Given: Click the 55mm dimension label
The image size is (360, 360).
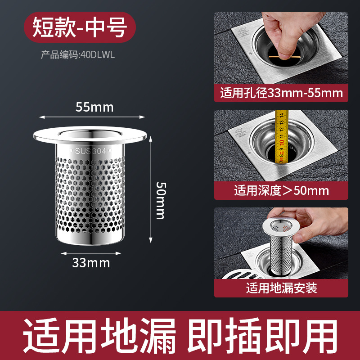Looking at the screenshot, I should click(x=94, y=107).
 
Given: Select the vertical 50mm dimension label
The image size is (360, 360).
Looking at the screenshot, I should click(x=160, y=200).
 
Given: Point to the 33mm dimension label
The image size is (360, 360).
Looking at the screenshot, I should click(x=91, y=263).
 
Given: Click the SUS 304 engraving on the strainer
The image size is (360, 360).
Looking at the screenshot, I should click(x=90, y=152).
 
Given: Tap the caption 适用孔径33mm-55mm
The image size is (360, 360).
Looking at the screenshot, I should click(x=281, y=93).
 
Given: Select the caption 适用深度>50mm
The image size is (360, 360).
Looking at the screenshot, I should click(x=281, y=190).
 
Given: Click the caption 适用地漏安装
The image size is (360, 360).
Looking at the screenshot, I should click(x=281, y=288).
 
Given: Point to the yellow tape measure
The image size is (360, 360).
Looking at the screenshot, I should click(x=282, y=135).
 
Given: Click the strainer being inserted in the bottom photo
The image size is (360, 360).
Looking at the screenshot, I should click(x=279, y=243).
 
